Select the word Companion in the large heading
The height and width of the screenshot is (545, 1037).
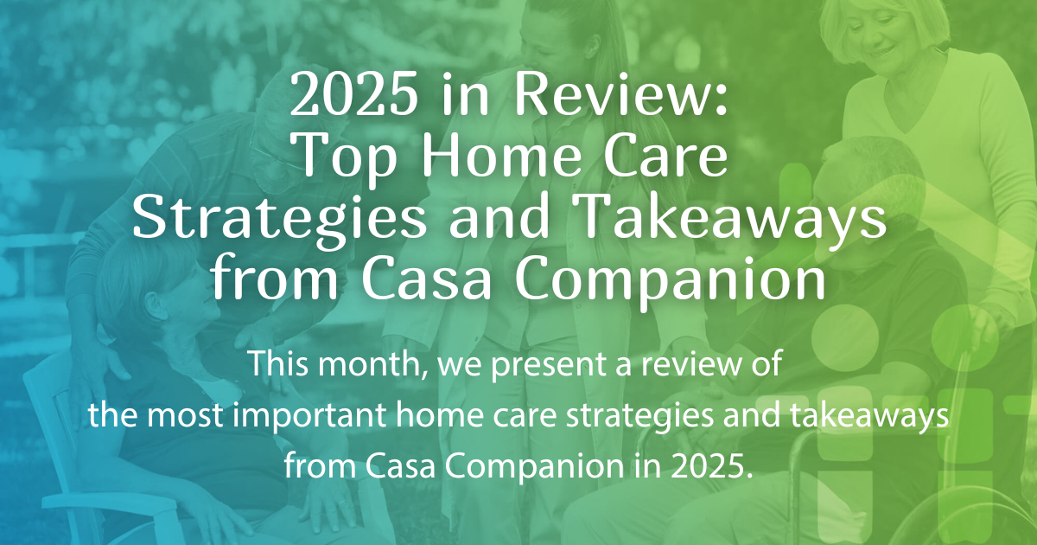pyautogui.click(x=656, y=282)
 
